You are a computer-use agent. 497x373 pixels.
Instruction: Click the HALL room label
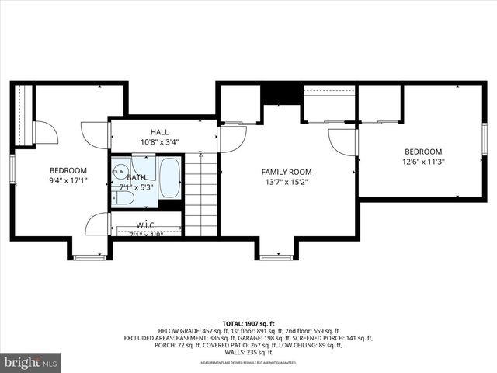point(159,132)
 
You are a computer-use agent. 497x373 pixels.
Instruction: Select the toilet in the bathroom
point(123,197)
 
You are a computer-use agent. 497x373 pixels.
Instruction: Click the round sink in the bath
point(117,173)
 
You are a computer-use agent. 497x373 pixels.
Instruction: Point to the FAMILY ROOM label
point(286,172)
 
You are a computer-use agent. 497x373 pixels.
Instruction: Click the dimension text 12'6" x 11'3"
point(423,162)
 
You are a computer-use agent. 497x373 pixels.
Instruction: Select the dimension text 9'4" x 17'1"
point(68,180)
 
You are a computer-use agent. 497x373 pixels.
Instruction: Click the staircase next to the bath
point(201,194)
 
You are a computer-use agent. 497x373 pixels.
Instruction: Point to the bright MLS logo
point(31,361)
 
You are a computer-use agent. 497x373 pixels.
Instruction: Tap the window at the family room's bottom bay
point(276,257)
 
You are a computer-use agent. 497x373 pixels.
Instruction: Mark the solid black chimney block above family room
point(280,93)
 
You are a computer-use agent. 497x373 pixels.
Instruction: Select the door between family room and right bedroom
point(342,141)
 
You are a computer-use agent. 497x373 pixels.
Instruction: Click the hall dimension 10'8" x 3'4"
point(159,142)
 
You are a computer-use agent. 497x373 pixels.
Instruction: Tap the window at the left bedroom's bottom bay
point(89,257)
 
